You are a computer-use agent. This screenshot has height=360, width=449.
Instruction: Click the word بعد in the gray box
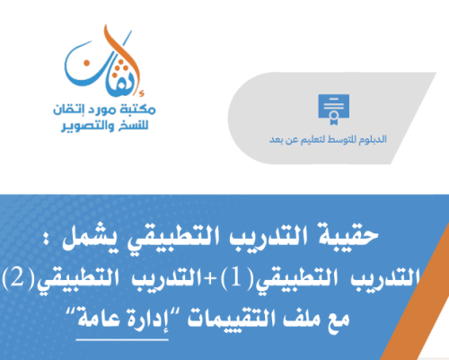click(x=276, y=139)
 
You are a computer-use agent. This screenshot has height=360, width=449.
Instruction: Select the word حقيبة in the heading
click(x=339, y=236)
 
